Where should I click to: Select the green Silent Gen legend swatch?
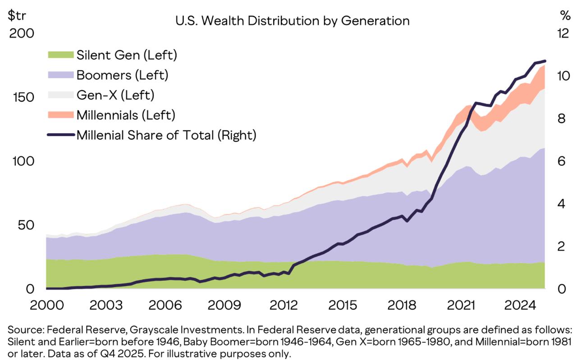(x=60, y=55)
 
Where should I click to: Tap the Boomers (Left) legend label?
(x=123, y=75)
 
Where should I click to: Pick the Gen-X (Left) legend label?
(x=115, y=95)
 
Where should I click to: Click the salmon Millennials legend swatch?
(x=60, y=115)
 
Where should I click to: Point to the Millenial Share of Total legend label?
(x=166, y=135)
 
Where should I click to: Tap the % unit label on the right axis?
(x=565, y=16)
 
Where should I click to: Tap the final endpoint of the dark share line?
(x=545, y=61)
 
